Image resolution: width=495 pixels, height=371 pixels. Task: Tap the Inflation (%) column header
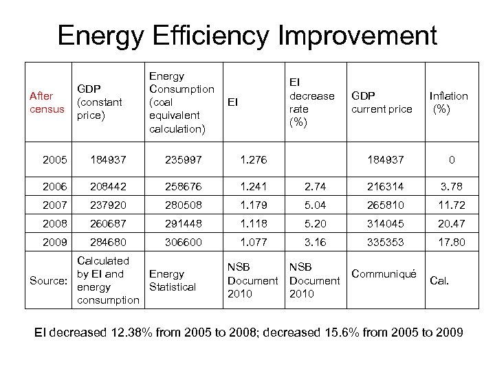448,102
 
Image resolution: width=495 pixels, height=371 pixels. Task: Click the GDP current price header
382,102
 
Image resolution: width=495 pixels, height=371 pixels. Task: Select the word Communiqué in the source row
384,274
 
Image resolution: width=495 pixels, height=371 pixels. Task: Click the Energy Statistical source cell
173,280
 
